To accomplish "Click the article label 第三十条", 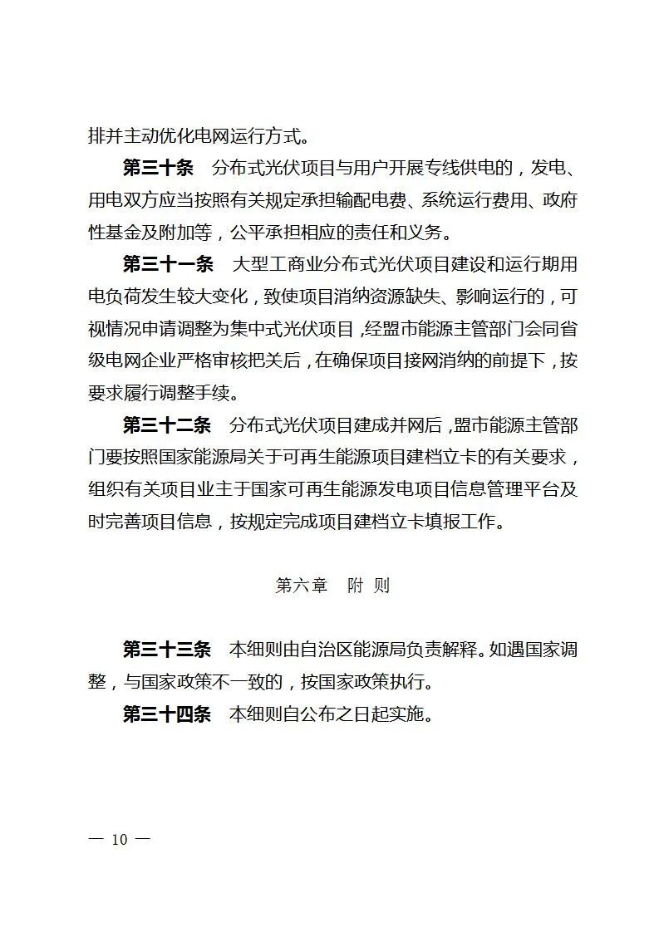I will (158, 169).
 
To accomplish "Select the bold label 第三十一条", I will (169, 265).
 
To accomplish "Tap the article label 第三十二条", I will (169, 425).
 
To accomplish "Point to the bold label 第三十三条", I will (167, 650).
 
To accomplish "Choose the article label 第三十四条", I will (167, 714).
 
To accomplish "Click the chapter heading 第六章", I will (301, 586).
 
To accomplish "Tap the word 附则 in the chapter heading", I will (369, 586).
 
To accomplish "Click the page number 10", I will (120, 839).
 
